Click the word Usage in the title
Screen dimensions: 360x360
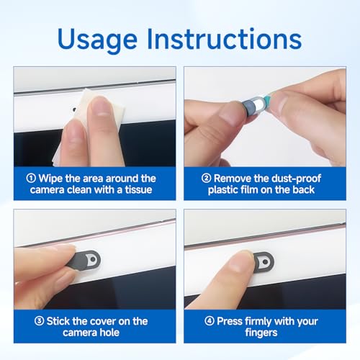(x=97, y=40)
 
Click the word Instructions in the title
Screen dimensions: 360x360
(x=224, y=38)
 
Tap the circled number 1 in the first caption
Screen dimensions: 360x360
(x=31, y=178)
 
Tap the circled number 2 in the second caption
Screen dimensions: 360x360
(x=206, y=178)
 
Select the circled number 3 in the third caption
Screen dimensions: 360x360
(x=39, y=321)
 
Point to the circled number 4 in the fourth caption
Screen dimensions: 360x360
(x=210, y=321)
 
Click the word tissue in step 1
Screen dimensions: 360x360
(x=138, y=189)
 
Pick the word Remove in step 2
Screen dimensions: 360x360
(x=230, y=179)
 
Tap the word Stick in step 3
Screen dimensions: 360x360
(x=57, y=321)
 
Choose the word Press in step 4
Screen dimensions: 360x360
(x=230, y=321)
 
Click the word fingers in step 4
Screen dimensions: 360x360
(x=261, y=333)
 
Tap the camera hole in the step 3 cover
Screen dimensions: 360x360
(x=93, y=259)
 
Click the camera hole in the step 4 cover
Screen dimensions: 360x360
(x=265, y=261)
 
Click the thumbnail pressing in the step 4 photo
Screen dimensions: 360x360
(x=241, y=262)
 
